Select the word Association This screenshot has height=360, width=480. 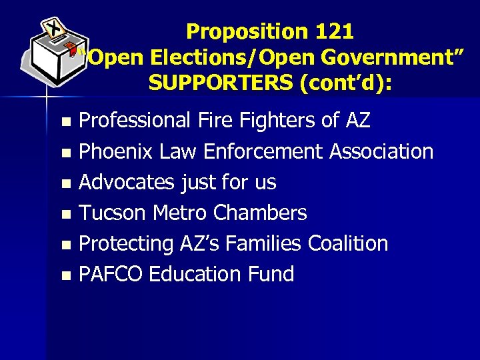pyautogui.click(x=381, y=152)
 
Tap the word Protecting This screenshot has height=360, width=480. pyautogui.click(x=126, y=244)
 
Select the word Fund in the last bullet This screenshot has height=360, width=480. pyautogui.click(x=269, y=274)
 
